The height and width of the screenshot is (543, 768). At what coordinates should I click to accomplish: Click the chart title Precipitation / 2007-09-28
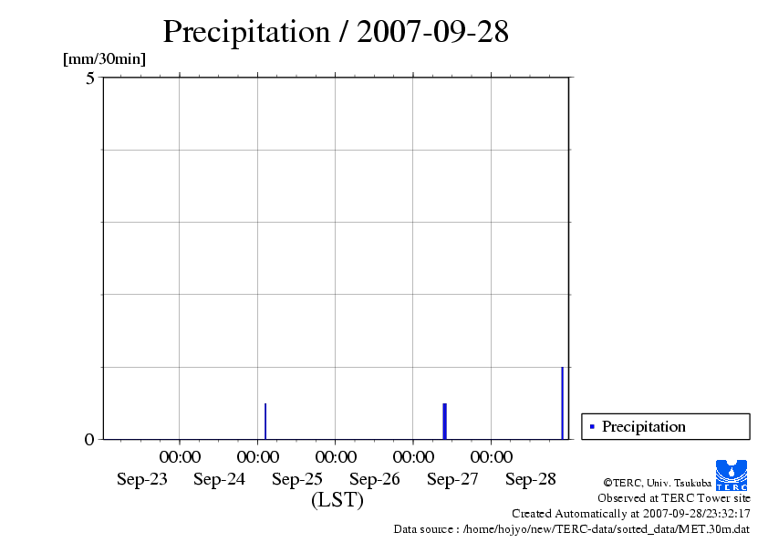(x=336, y=32)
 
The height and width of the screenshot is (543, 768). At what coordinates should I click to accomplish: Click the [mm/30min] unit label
(x=104, y=59)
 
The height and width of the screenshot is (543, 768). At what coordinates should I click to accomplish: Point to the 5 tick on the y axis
(x=90, y=78)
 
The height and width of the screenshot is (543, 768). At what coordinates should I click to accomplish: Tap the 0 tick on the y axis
(x=89, y=440)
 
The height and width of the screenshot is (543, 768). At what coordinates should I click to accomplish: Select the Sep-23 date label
(x=142, y=480)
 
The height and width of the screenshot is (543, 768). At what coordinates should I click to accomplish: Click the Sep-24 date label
(x=219, y=480)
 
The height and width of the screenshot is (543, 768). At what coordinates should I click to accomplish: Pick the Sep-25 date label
(x=297, y=480)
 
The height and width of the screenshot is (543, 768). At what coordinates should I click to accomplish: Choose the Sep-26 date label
(x=375, y=480)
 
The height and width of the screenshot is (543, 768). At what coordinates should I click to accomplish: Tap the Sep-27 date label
(x=452, y=480)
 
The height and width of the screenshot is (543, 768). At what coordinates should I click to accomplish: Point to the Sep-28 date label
(x=531, y=480)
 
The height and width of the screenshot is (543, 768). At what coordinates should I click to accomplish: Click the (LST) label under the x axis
(x=337, y=500)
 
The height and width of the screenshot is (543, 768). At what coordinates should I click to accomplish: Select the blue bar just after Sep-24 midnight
(x=265, y=421)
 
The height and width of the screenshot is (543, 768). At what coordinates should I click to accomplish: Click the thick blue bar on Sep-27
(x=444, y=421)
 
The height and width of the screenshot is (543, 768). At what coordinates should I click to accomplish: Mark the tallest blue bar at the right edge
(x=562, y=402)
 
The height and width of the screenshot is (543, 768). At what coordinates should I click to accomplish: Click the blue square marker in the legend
(x=592, y=426)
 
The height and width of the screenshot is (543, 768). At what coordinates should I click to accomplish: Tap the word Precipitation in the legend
(x=644, y=426)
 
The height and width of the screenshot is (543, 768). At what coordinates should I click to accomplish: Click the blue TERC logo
(x=731, y=475)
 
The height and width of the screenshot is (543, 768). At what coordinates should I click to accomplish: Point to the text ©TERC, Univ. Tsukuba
(x=657, y=482)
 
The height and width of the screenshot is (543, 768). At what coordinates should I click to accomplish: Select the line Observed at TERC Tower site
(x=674, y=498)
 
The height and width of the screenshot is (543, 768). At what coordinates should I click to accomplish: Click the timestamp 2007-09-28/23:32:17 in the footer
(x=697, y=513)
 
